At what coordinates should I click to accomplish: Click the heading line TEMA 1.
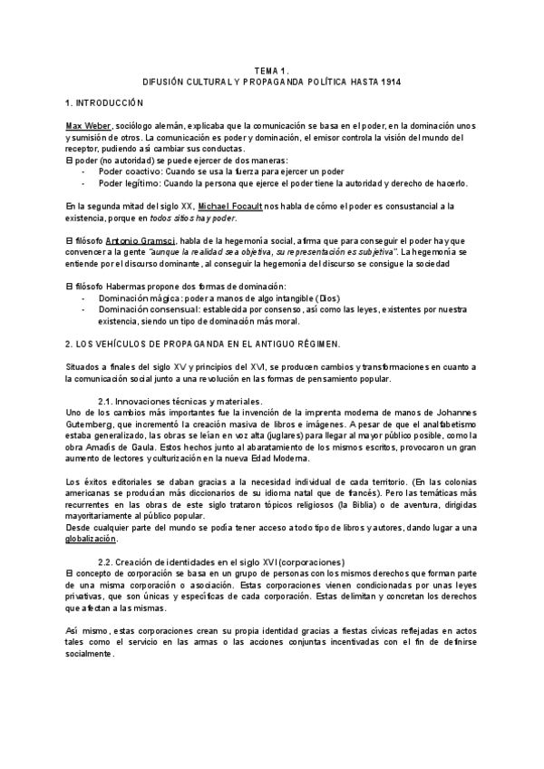point(271,70)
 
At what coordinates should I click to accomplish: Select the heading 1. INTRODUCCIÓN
point(104,105)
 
